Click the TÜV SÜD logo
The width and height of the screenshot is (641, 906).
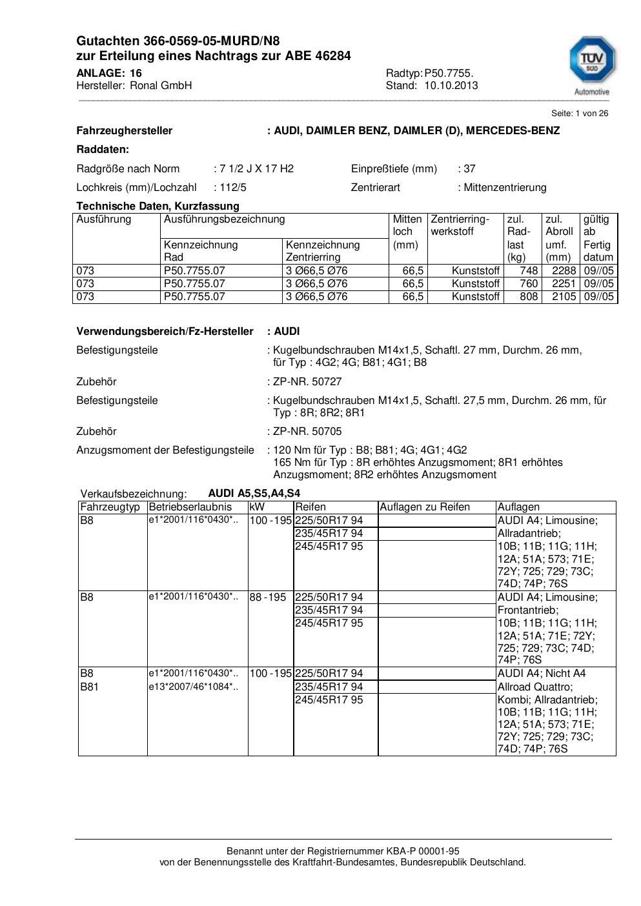591,62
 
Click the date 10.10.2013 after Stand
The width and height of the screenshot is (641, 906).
451,86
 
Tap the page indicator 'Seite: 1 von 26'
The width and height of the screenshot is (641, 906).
579,114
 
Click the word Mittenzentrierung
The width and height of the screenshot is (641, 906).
505,188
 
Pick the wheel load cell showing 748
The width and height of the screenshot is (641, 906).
529,271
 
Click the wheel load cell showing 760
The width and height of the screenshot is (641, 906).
529,284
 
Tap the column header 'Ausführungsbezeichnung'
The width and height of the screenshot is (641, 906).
224,219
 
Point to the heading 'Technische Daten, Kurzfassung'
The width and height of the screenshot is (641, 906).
158,206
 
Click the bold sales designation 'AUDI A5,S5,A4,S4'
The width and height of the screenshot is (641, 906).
254,494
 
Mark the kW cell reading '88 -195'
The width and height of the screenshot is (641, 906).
268,598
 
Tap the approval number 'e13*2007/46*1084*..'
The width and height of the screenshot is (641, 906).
193,687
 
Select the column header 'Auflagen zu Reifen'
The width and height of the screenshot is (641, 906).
425,507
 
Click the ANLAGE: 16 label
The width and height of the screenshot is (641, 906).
109,74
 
